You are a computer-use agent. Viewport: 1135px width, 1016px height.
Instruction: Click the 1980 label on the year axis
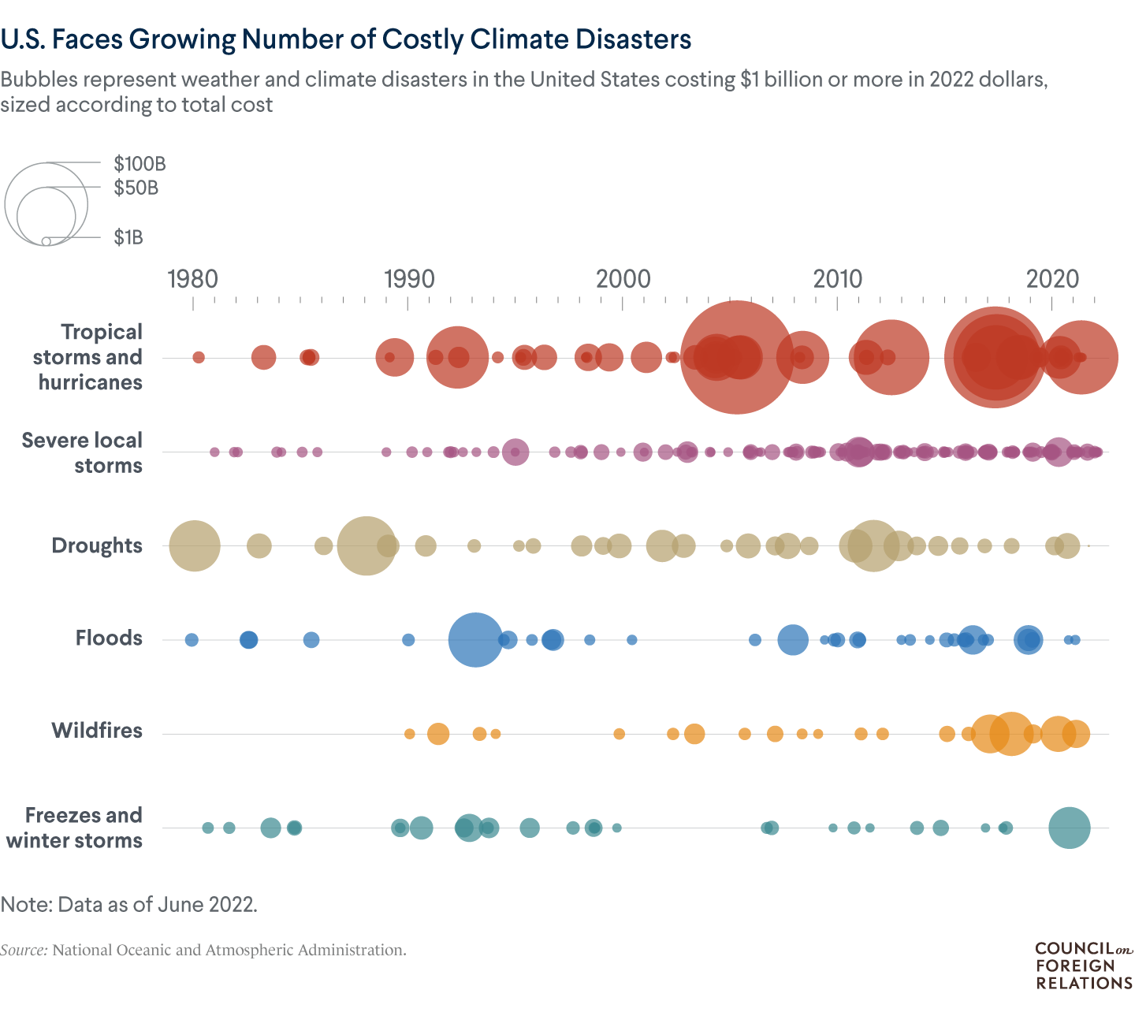[193, 278]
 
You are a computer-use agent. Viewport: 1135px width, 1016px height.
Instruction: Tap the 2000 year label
[623, 278]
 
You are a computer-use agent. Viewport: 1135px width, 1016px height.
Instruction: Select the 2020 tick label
[1054, 278]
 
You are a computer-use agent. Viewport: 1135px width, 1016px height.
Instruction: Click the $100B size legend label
[140, 164]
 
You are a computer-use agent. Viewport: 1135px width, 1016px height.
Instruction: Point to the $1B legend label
[128, 237]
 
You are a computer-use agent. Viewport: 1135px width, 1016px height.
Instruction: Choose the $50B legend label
[136, 188]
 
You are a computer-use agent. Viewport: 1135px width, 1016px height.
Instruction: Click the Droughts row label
[97, 545]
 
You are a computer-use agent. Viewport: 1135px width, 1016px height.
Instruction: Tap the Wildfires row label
[97, 730]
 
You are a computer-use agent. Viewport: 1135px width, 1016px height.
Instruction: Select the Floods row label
[109, 638]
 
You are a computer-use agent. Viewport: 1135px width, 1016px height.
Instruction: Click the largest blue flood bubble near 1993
[475, 639]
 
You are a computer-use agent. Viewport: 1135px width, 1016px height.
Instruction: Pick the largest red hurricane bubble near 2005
[736, 357]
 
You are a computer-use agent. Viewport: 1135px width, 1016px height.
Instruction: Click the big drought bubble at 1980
[195, 545]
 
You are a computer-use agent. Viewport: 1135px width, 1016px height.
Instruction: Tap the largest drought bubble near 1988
[366, 545]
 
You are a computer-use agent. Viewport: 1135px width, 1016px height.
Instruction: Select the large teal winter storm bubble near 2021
[1070, 828]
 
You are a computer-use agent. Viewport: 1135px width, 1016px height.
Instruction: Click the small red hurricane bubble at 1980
[199, 357]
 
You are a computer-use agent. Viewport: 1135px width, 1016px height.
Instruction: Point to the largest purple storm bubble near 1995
[515, 452]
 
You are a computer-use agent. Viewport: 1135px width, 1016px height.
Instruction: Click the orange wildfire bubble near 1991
[438, 734]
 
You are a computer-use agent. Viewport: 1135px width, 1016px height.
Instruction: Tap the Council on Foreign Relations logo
[1084, 966]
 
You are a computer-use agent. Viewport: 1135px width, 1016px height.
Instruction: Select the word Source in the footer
[24, 950]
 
